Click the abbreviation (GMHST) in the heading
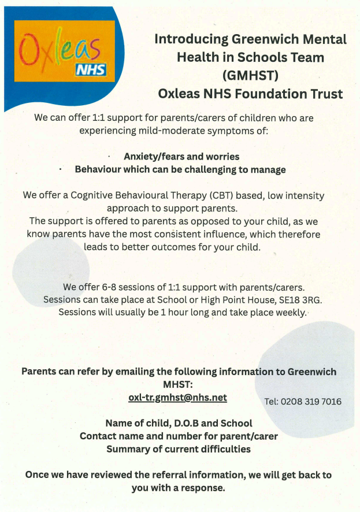[250, 75]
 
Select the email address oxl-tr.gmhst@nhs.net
[177, 398]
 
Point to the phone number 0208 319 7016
[311, 402]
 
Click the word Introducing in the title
[191, 39]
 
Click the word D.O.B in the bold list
[183, 423]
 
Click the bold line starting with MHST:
[179, 384]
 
